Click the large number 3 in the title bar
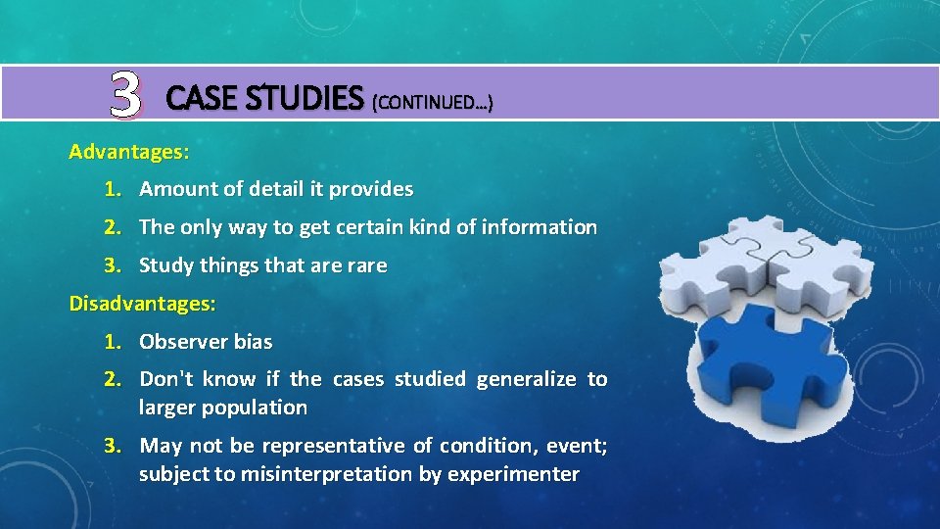click(x=125, y=95)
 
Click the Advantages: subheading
click(x=129, y=152)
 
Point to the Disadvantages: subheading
click(x=142, y=304)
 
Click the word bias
click(x=253, y=342)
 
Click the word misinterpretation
click(x=334, y=474)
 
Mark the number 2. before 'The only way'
click(x=114, y=227)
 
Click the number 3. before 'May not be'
click(x=115, y=446)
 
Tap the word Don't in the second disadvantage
click(x=168, y=379)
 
